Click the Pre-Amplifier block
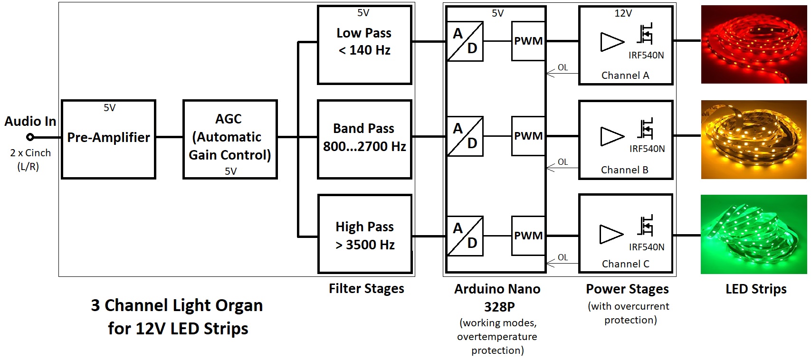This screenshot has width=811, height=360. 108,139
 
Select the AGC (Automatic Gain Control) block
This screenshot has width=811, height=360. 230,139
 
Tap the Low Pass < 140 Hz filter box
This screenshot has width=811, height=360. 364,45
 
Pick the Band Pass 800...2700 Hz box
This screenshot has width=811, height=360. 364,139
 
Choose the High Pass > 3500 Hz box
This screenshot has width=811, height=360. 364,234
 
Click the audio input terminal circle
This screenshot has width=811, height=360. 30,137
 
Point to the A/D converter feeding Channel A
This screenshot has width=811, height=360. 465,41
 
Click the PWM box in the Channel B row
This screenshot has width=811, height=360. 528,136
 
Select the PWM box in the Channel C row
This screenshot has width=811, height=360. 528,236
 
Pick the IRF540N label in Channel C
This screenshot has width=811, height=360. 647,247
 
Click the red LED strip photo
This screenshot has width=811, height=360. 754,45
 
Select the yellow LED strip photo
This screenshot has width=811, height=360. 754,140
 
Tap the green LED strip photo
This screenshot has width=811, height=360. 754,234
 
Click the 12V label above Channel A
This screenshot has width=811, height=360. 623,13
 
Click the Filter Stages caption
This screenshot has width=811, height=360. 366,289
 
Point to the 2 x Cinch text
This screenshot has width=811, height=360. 30,153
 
